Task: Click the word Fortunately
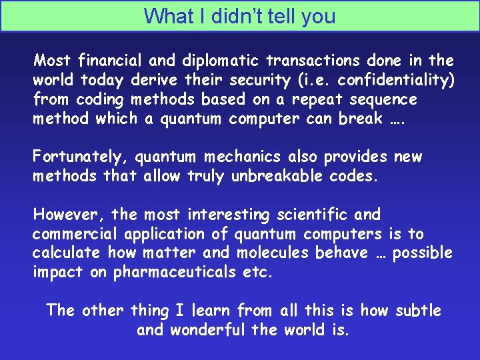pos(81,157)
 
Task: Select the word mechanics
pos(250,157)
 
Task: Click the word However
pos(69,215)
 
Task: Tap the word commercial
pos(73,234)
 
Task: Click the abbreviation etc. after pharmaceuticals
pos(258,273)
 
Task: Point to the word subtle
pos(418,311)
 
